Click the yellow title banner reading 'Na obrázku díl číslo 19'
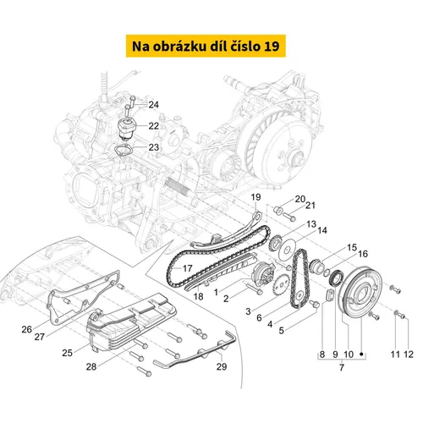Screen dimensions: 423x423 [x=206, y=46]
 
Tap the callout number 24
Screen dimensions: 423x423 [x=154, y=105]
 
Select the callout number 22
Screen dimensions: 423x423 [x=154, y=126]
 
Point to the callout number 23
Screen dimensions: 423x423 [x=154, y=147]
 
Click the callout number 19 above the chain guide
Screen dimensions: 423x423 [x=255, y=197]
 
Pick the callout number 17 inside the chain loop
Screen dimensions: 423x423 [x=188, y=268]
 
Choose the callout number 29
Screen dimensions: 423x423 [x=222, y=366]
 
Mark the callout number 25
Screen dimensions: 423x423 [x=68, y=353]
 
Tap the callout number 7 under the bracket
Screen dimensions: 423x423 [x=342, y=367]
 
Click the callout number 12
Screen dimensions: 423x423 [x=409, y=354]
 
